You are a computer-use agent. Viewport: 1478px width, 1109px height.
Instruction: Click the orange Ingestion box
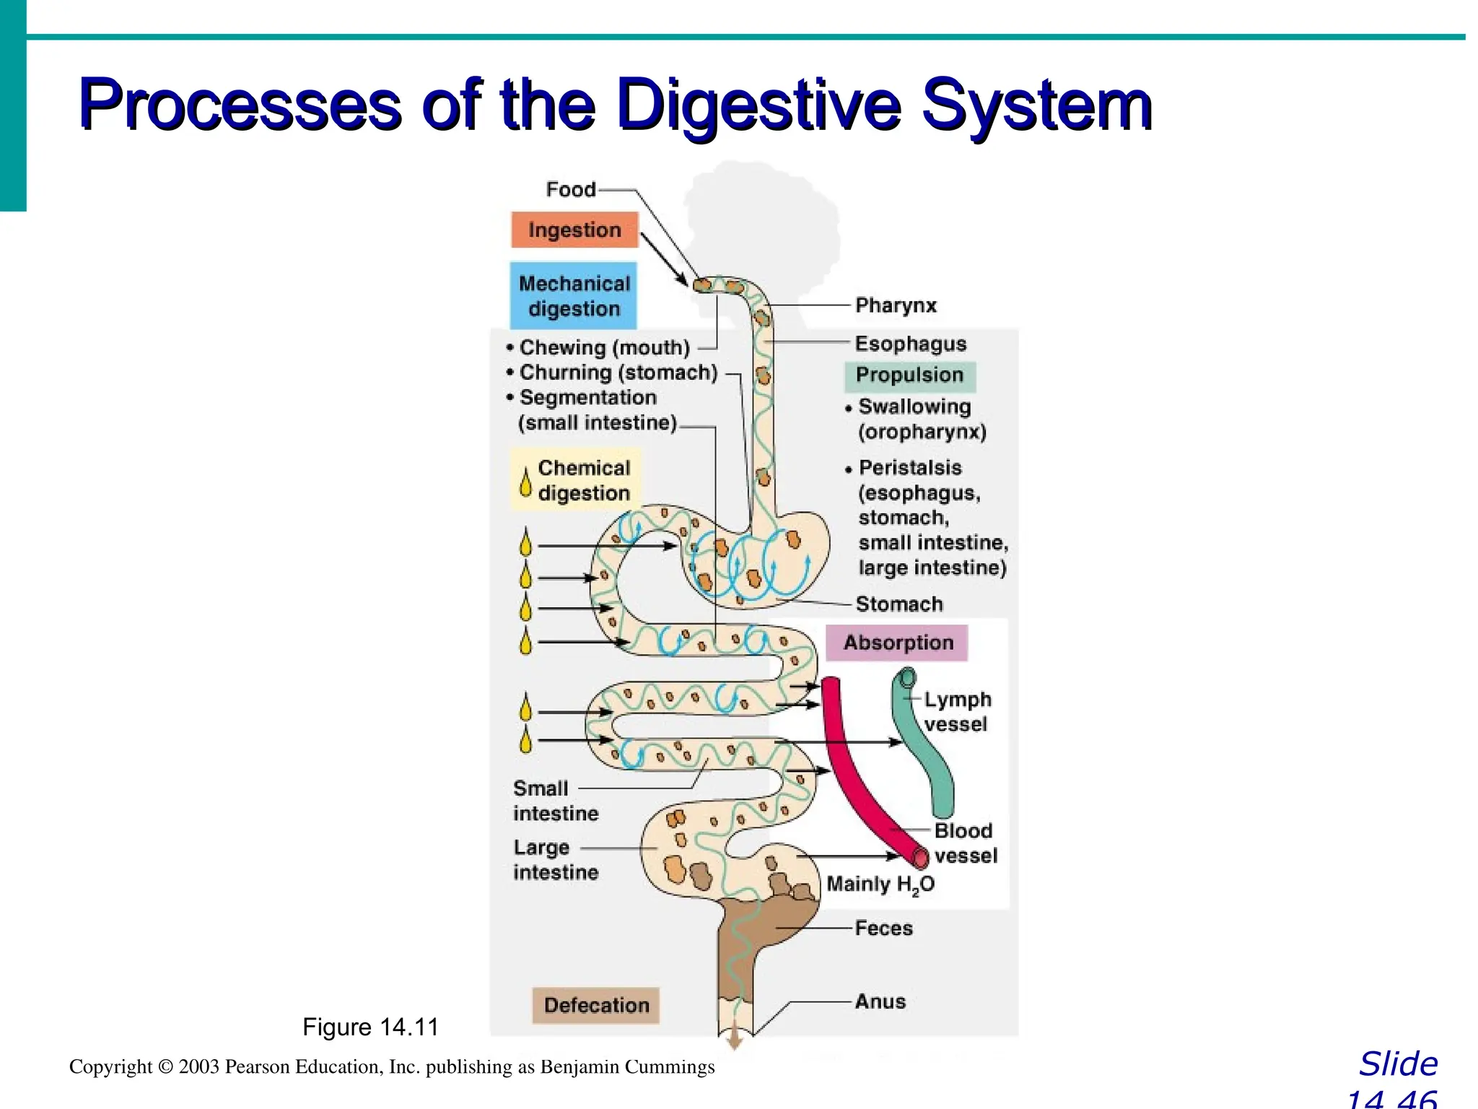pyautogui.click(x=574, y=230)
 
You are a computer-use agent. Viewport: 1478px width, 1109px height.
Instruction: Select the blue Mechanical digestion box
pyautogui.click(x=574, y=296)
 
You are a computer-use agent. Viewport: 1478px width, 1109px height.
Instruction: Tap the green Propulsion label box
pyautogui.click(x=909, y=375)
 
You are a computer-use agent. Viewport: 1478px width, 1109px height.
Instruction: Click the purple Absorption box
pyautogui.click(x=897, y=643)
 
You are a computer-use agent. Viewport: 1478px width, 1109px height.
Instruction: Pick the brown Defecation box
pyautogui.click(x=596, y=1005)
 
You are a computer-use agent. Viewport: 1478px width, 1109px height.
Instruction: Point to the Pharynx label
pyautogui.click(x=896, y=305)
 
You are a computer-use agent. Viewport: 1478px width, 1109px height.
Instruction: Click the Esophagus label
pyautogui.click(x=910, y=344)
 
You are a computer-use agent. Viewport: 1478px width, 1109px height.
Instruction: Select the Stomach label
pyautogui.click(x=899, y=604)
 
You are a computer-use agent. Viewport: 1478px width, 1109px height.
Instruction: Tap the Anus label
pyautogui.click(x=880, y=1001)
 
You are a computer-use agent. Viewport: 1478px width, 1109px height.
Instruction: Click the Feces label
pyautogui.click(x=883, y=928)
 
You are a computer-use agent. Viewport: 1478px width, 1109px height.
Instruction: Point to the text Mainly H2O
pyautogui.click(x=880, y=884)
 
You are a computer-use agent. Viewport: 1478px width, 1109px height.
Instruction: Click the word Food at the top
pyautogui.click(x=570, y=189)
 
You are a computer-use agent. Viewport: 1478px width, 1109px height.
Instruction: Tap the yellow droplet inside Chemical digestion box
pyautogui.click(x=526, y=481)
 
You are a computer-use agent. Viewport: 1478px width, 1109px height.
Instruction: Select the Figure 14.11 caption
pyautogui.click(x=370, y=1027)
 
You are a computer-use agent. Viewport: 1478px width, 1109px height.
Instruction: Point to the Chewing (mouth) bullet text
pyautogui.click(x=604, y=347)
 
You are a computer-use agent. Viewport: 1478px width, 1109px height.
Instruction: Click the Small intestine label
pyautogui.click(x=554, y=801)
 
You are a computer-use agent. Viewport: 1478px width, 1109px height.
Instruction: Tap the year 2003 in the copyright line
pyautogui.click(x=198, y=1066)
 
